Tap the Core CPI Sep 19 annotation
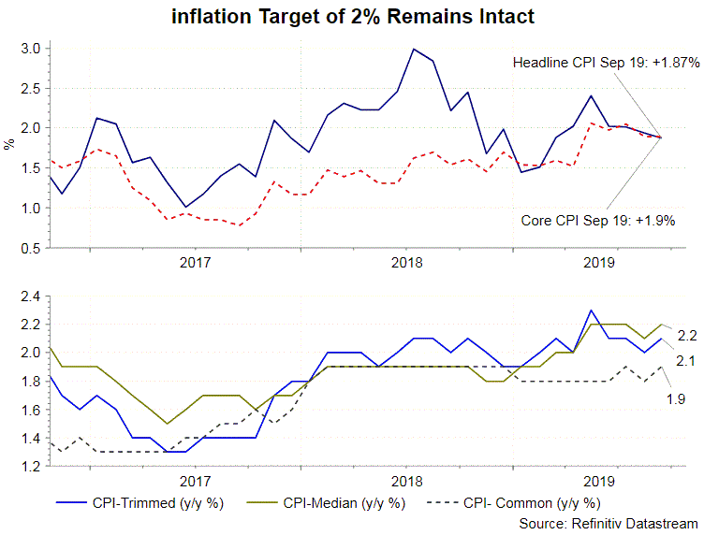click(597, 221)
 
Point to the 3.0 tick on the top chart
click(30, 48)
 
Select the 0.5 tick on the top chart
click(30, 248)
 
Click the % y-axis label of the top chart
click(8, 146)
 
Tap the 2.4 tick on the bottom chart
click(28, 296)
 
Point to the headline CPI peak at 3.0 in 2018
click(414, 49)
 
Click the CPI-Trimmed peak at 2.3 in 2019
click(591, 310)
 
